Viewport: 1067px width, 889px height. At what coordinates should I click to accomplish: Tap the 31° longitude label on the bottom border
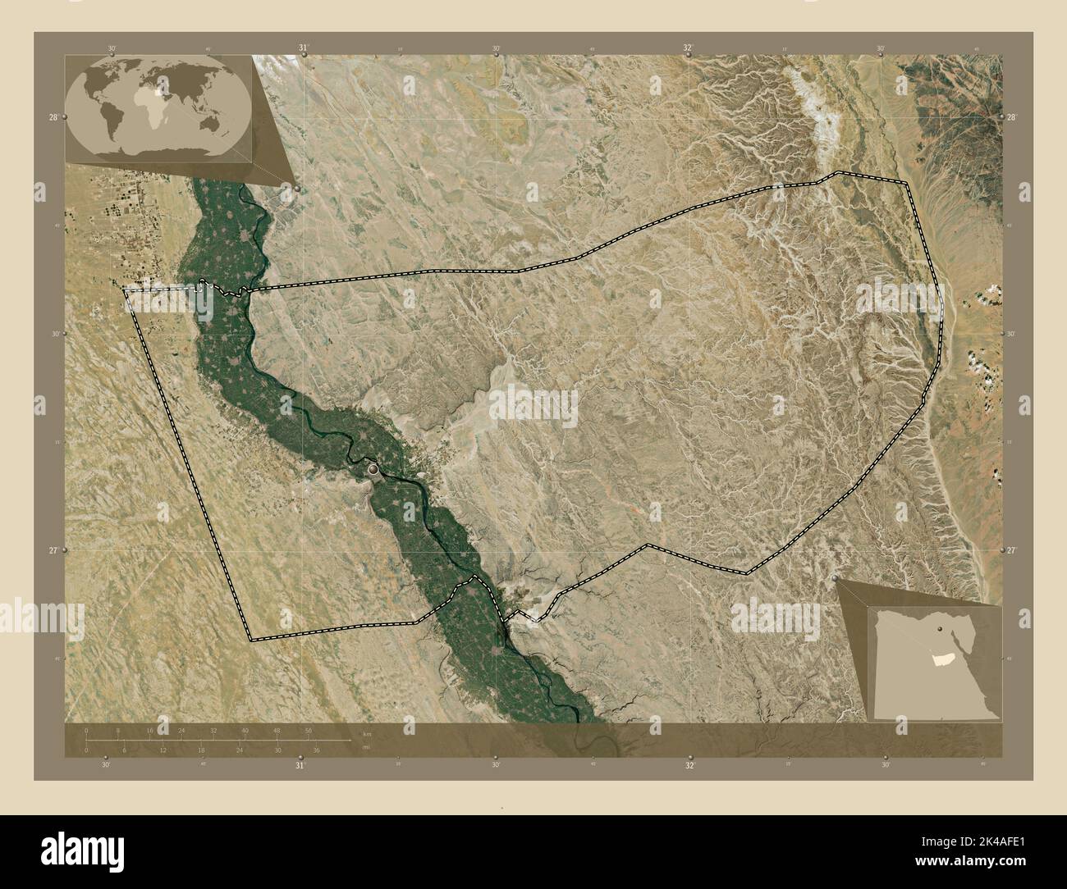point(300,765)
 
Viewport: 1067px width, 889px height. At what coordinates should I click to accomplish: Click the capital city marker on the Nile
point(375,469)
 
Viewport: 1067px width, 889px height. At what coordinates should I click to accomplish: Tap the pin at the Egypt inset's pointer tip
point(836,579)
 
